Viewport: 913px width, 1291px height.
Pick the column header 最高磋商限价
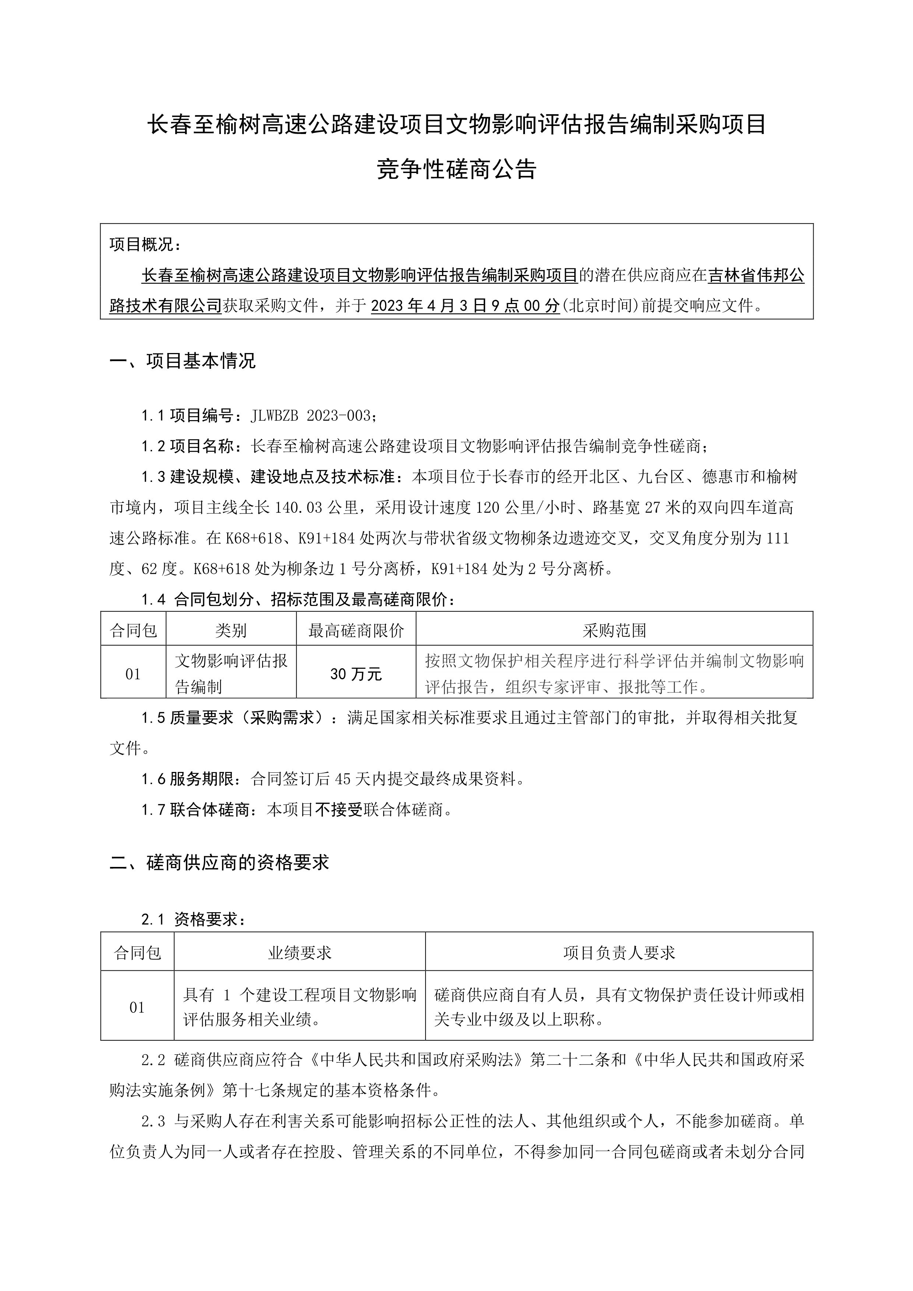356,630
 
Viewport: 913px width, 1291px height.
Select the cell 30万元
356,674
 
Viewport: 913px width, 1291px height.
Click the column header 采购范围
614,630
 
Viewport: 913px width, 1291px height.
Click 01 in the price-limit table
133,674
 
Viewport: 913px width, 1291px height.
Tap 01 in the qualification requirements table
137,1008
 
